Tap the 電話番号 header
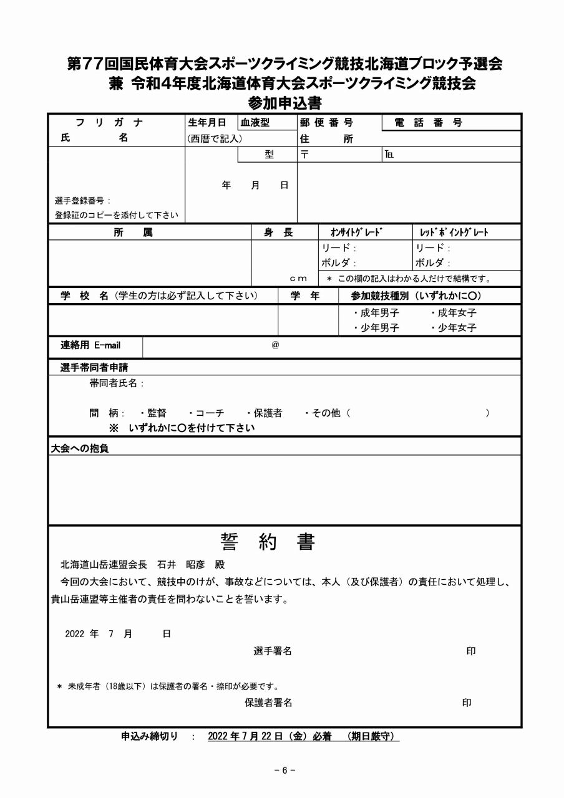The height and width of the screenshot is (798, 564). click(x=429, y=123)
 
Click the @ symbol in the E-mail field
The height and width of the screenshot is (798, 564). click(x=275, y=345)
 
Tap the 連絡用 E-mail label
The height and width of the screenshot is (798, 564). click(x=90, y=345)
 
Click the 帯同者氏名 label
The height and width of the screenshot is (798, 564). click(x=117, y=383)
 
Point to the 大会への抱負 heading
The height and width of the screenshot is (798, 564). click(x=79, y=448)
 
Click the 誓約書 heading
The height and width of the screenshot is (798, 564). click(x=268, y=542)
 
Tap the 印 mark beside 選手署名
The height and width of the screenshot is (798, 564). click(x=471, y=651)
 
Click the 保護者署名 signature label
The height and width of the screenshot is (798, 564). click(x=268, y=703)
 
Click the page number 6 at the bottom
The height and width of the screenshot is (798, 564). click(x=284, y=770)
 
